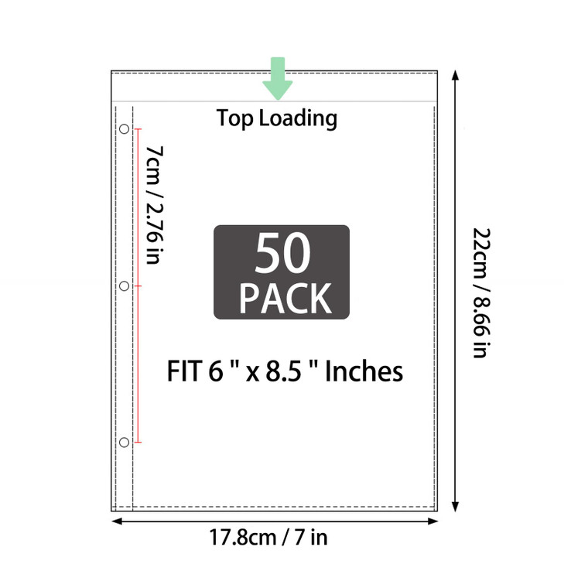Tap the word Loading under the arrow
coord(298,119)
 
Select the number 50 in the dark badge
coord(282,253)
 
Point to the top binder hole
coord(125,129)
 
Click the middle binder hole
coord(125,286)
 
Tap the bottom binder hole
coord(125,443)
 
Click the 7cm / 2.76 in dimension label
coord(154,204)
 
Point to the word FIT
coord(185,371)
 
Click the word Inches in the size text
coord(364,371)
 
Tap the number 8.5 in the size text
coord(284,371)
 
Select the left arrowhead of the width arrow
coord(117,521)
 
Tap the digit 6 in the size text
coord(215,371)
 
